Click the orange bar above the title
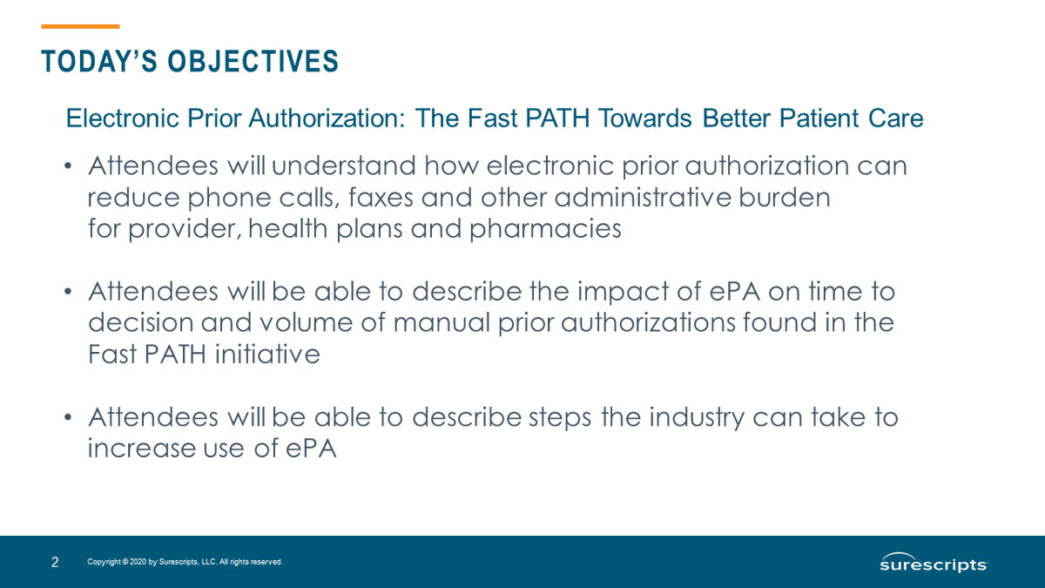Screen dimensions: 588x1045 point(80,26)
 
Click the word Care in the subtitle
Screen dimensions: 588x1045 point(895,118)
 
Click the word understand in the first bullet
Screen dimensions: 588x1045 point(348,166)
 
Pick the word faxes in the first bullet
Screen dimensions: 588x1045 point(381,198)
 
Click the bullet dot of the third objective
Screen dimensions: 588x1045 point(68,418)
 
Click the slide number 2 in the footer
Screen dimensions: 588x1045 point(55,563)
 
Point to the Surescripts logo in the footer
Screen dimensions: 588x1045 point(933,563)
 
